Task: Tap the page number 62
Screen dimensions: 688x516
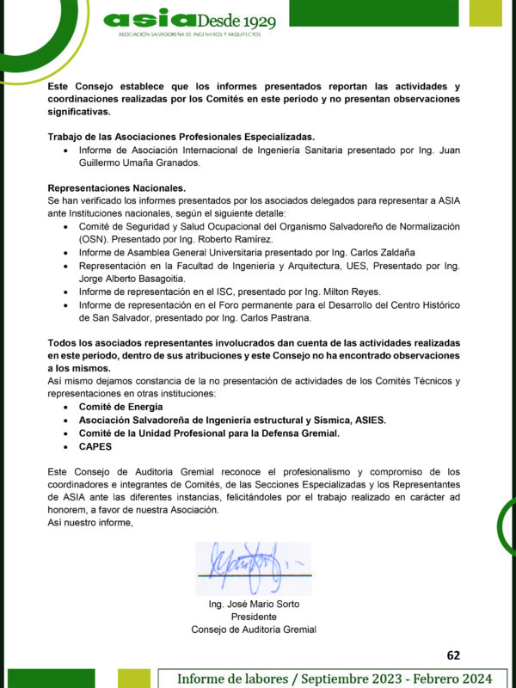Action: [454, 654]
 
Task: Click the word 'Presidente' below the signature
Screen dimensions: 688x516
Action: [254, 617]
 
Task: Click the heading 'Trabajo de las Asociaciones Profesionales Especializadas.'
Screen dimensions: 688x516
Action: [181, 137]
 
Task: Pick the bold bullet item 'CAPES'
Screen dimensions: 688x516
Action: [95, 446]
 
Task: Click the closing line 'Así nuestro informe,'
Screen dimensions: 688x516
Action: [90, 523]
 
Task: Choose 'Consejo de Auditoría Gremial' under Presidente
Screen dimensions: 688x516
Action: [254, 630]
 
